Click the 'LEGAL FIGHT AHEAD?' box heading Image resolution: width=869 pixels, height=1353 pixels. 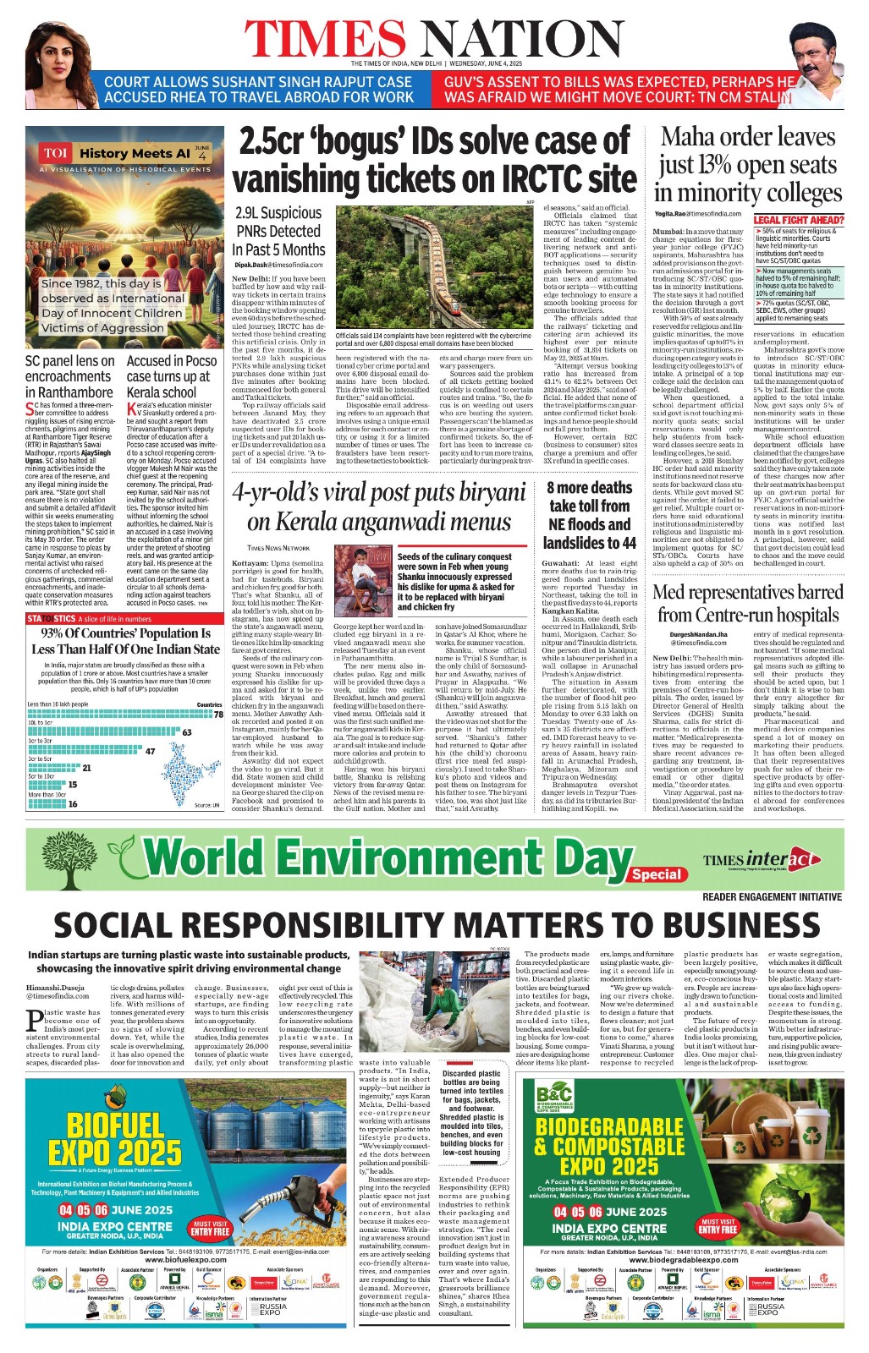(798, 220)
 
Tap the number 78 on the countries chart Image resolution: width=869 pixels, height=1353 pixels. (218, 715)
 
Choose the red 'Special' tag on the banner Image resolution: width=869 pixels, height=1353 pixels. (656, 874)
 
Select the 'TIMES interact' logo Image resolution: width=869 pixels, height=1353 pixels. (761, 860)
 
